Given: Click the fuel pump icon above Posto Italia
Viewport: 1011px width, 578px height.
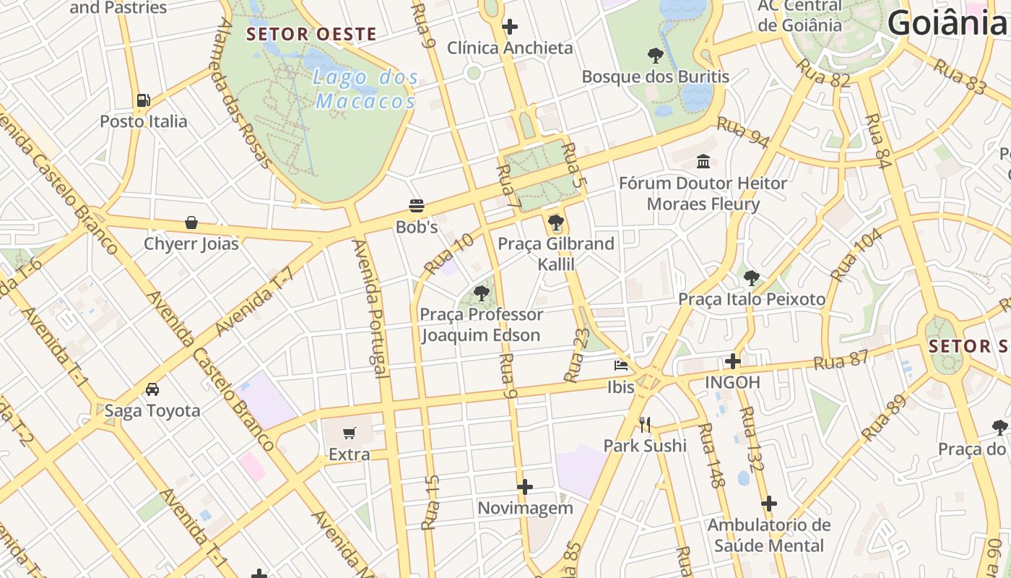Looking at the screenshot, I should (143, 100).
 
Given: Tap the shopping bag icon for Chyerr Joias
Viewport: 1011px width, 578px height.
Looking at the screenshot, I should (191, 223).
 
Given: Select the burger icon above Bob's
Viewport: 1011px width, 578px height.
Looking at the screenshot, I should (417, 206).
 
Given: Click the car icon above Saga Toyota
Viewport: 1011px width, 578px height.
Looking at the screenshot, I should (152, 389).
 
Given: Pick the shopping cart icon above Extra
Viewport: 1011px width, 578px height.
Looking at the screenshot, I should (350, 433).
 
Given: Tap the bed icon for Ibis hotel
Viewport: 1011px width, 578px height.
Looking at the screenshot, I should (620, 366).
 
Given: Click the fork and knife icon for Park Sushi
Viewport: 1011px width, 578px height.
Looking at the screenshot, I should (645, 424).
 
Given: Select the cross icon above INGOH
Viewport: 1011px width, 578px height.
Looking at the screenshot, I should (733, 361).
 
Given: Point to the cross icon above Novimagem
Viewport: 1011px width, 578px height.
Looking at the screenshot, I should (525, 487).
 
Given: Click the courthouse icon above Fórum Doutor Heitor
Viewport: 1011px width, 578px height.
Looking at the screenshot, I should (703, 162).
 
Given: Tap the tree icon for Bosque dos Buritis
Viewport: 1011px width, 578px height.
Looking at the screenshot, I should (655, 55).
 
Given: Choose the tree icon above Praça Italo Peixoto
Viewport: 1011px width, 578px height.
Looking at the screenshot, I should (752, 277).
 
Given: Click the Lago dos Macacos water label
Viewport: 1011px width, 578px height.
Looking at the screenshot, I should (367, 89).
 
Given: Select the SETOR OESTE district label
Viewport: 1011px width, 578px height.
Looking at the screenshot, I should (311, 34).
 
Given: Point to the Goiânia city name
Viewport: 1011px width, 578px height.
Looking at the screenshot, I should (947, 23).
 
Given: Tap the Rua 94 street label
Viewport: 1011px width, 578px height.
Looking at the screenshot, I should (743, 133).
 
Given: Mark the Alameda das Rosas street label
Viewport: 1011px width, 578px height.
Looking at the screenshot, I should (245, 94).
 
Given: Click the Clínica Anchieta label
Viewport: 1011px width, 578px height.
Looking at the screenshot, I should (510, 48).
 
